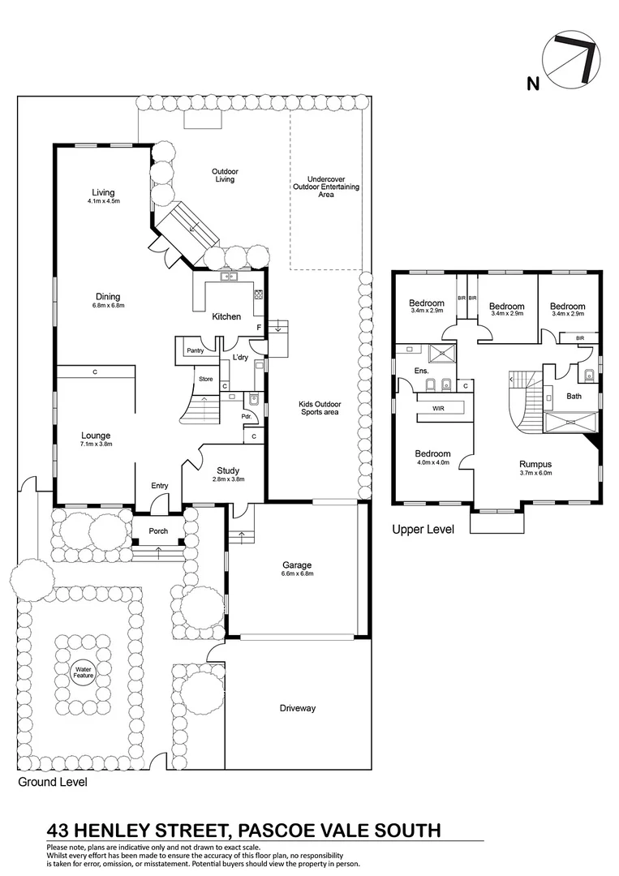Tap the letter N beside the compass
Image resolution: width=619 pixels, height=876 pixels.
(x=532, y=82)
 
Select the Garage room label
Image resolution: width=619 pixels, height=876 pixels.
(x=297, y=565)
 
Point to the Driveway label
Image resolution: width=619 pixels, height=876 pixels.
(x=297, y=708)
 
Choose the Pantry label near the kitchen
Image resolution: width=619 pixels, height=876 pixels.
(x=195, y=350)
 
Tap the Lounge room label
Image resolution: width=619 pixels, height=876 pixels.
(x=96, y=436)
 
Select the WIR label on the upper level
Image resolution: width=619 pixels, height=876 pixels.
(x=439, y=409)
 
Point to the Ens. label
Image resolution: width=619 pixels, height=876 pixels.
(x=421, y=371)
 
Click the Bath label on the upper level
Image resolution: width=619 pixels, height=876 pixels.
(x=574, y=397)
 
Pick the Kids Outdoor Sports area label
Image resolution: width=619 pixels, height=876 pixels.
(x=317, y=407)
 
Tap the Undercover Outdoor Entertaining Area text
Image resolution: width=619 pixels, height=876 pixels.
(x=326, y=187)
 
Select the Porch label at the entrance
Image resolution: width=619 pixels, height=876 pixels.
(x=158, y=531)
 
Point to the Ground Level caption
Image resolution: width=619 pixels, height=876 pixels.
(x=53, y=783)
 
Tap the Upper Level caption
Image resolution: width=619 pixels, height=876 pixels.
(x=423, y=530)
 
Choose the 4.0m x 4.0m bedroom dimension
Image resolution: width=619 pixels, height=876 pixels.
(x=432, y=462)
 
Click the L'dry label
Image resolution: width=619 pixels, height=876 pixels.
(x=240, y=358)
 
